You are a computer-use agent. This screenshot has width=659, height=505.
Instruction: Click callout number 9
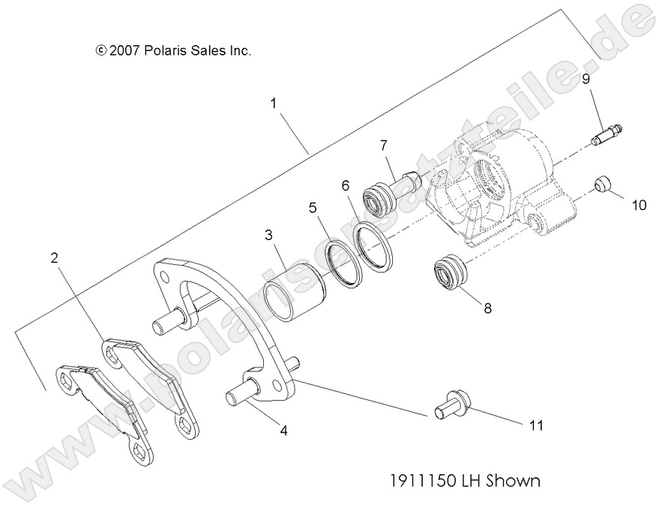(586, 78)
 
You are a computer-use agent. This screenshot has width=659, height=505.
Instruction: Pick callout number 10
(638, 204)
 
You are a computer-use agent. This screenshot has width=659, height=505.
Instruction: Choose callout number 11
(535, 425)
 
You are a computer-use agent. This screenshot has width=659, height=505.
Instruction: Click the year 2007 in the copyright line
(124, 51)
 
